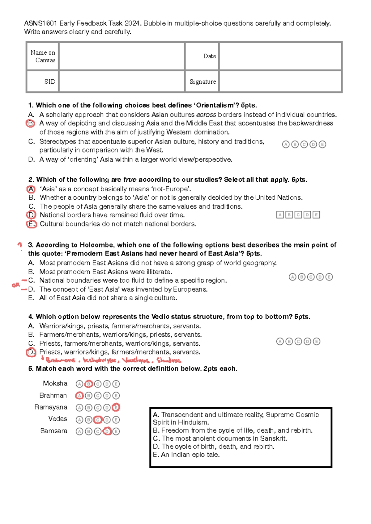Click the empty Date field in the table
pos(280,56)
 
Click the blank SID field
pos(122,81)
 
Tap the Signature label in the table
pos(203,81)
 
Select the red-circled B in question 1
pos(30,123)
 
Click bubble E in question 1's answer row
pos(322,144)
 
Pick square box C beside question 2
pos(298,215)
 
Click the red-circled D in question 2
pos(31,215)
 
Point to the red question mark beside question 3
pos(20,245)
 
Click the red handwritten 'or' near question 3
pos(15,285)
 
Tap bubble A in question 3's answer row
pos(292,277)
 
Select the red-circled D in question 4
pos(31,352)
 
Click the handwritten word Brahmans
pos(60,360)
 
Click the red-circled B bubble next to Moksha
pos(89,384)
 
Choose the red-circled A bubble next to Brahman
pos(79,396)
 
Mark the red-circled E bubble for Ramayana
pos(116,408)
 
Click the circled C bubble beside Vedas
pos(98,420)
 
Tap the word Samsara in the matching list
pos(53,431)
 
